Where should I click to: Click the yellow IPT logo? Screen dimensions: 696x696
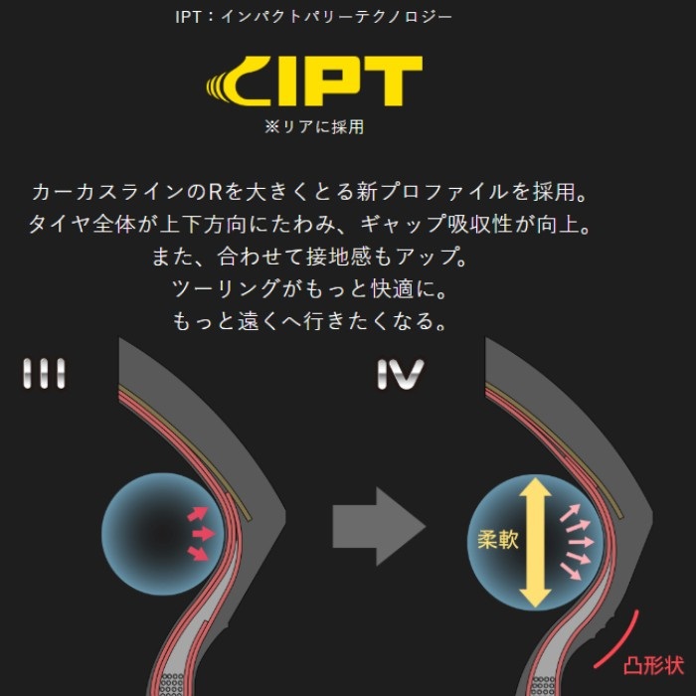[x=314, y=82]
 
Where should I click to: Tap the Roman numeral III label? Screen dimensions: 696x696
[x=44, y=374]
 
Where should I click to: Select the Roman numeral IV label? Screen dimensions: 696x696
[x=401, y=375]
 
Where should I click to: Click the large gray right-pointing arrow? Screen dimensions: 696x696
[x=379, y=526]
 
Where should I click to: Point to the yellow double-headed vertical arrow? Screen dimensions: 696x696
[x=535, y=542]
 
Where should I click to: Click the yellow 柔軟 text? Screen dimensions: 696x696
[x=498, y=540]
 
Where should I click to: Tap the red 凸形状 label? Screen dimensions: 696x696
[x=653, y=666]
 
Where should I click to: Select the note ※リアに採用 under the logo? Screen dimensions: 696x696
[x=314, y=127]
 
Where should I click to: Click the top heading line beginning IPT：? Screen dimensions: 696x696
[x=313, y=17]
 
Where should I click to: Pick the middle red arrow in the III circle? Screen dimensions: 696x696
[x=202, y=534]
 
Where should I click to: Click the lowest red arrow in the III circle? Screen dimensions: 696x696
[x=198, y=553]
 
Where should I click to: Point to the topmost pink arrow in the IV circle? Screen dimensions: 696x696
[x=570, y=512]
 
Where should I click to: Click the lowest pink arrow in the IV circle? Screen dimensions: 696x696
[x=571, y=572]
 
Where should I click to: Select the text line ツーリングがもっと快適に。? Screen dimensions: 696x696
[x=309, y=289]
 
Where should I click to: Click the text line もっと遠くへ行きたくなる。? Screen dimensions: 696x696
[x=309, y=321]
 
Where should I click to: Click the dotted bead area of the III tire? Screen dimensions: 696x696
[x=171, y=684]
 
